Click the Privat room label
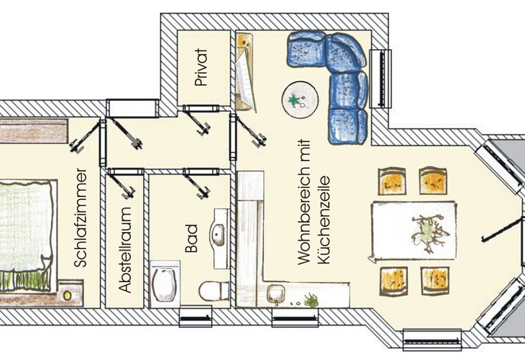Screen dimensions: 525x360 [201, 67]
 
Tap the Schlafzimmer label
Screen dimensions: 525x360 [80, 218]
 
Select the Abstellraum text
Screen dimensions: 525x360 [125, 250]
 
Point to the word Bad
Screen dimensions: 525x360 [192, 238]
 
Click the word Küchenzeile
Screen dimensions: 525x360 [324, 220]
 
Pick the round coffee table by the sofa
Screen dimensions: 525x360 [300, 100]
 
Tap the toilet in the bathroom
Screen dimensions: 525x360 [214, 291]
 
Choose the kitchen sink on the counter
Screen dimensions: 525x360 [276, 294]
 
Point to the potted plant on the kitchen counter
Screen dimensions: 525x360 [311, 300]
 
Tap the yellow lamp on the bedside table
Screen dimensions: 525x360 [67, 296]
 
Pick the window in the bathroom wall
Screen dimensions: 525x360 [196, 316]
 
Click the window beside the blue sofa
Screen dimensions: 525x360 [380, 78]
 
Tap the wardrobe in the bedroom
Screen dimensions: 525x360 [34, 130]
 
